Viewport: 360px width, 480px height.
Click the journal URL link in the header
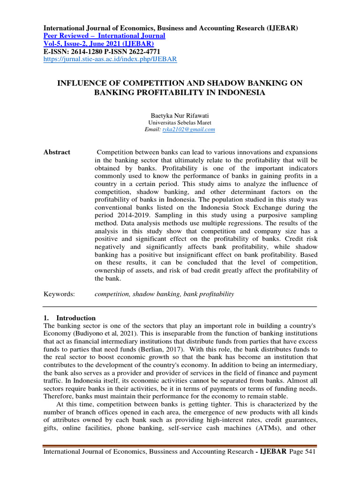(x=110, y=59)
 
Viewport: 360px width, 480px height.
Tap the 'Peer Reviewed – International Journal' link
(x=104, y=36)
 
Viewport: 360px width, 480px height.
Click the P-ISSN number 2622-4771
(x=158, y=52)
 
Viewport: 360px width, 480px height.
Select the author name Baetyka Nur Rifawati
(x=180, y=115)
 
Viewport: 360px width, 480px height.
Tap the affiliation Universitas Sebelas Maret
(x=180, y=122)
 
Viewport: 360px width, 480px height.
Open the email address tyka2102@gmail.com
(x=188, y=129)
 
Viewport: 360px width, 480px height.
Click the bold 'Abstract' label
(x=57, y=152)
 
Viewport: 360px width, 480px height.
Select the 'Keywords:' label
(x=59, y=294)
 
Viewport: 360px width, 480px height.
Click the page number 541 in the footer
(x=310, y=452)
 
